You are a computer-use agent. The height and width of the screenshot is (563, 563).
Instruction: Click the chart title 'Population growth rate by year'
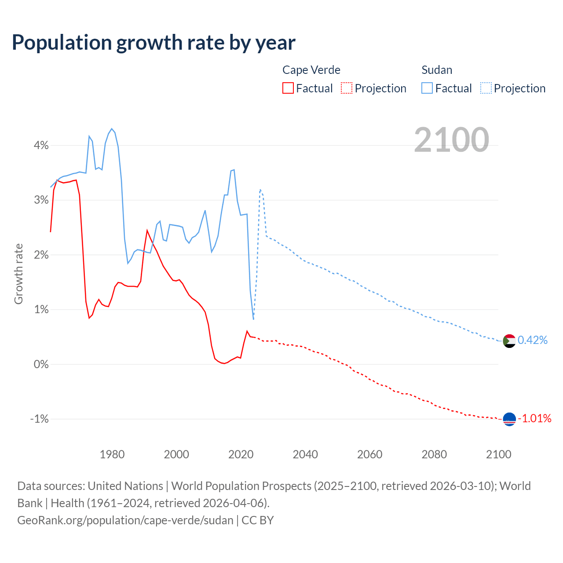pos(154,43)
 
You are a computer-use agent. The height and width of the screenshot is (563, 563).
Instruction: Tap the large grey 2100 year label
pos(451,139)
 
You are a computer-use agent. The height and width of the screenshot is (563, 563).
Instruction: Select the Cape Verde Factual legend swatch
pos(288,88)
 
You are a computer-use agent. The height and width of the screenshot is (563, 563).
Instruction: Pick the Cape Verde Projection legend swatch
pos(347,88)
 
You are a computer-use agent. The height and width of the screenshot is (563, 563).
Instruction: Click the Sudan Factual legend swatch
pos(427,88)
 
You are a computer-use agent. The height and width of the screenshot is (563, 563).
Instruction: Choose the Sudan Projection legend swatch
pos(486,88)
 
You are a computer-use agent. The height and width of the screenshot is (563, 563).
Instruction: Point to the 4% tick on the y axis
pos(41,145)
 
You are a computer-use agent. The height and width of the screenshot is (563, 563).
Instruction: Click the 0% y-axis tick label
pos(41,364)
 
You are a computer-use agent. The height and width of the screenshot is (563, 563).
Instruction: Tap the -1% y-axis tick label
pos(39,419)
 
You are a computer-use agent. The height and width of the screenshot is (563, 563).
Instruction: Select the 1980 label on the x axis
pos(112,454)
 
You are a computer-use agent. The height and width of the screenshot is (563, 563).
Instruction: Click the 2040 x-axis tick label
pos(305,454)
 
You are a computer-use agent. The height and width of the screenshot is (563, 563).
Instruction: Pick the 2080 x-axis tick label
pos(434,454)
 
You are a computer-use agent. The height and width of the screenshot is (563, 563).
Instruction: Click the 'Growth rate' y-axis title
pos(18,274)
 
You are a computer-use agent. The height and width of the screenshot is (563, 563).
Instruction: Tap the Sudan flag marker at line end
pos(509,341)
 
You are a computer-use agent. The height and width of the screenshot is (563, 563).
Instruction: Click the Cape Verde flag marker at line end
pos(509,419)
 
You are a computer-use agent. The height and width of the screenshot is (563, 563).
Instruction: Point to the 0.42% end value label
pos(533,340)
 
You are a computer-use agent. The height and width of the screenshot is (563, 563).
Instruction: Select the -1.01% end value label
pos(534,418)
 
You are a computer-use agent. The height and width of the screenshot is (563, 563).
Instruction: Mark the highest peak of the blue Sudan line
pos(112,129)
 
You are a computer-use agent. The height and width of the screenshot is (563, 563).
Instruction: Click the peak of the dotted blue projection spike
pos(260,190)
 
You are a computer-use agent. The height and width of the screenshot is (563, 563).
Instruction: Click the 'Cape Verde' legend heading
pos(311,70)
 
